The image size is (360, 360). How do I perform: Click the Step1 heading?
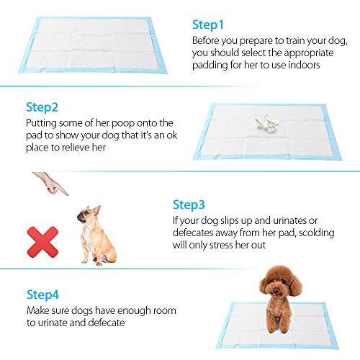pos(208,25)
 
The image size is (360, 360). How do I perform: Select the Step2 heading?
pos(42,107)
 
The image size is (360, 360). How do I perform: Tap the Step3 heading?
pos(189,205)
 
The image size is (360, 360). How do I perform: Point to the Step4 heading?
pos(42,294)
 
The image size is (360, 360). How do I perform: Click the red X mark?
pos(42,242)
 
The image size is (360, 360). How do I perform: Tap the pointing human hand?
pos(51,184)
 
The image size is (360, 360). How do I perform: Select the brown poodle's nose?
pos(276,292)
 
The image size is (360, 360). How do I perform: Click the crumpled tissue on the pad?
pos(267,124)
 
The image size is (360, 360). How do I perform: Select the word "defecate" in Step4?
pos(107,323)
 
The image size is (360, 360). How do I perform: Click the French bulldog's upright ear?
pos(97,210)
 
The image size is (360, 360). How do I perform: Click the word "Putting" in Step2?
pos(41,124)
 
